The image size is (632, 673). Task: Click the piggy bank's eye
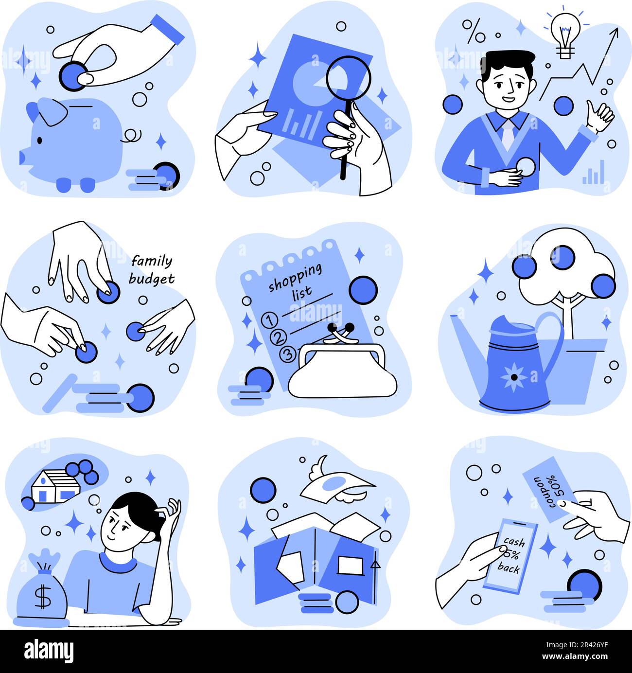click(x=40, y=140)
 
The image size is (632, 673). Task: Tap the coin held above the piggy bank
click(x=73, y=76)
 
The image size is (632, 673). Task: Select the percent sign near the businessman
click(x=474, y=31)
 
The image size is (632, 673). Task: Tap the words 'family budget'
click(x=152, y=270)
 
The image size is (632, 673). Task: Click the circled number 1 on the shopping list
click(x=270, y=320)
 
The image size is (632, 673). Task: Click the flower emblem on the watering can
click(x=514, y=377)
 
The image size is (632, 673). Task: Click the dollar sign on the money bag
click(x=43, y=598)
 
